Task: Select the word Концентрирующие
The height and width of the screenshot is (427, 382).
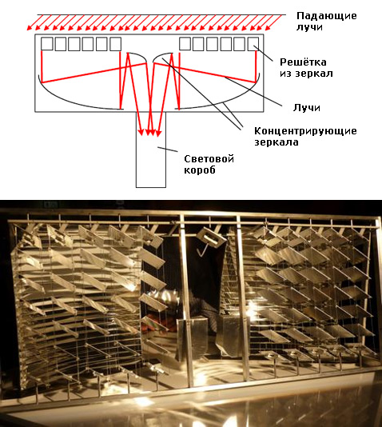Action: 304,131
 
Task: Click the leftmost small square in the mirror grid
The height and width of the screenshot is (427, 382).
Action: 46,43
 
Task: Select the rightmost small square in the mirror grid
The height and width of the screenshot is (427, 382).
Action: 254,43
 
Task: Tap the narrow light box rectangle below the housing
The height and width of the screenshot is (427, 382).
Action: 149,160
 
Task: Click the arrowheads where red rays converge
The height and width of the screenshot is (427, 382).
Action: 149,131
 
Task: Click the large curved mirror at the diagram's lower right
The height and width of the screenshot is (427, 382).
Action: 232,100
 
